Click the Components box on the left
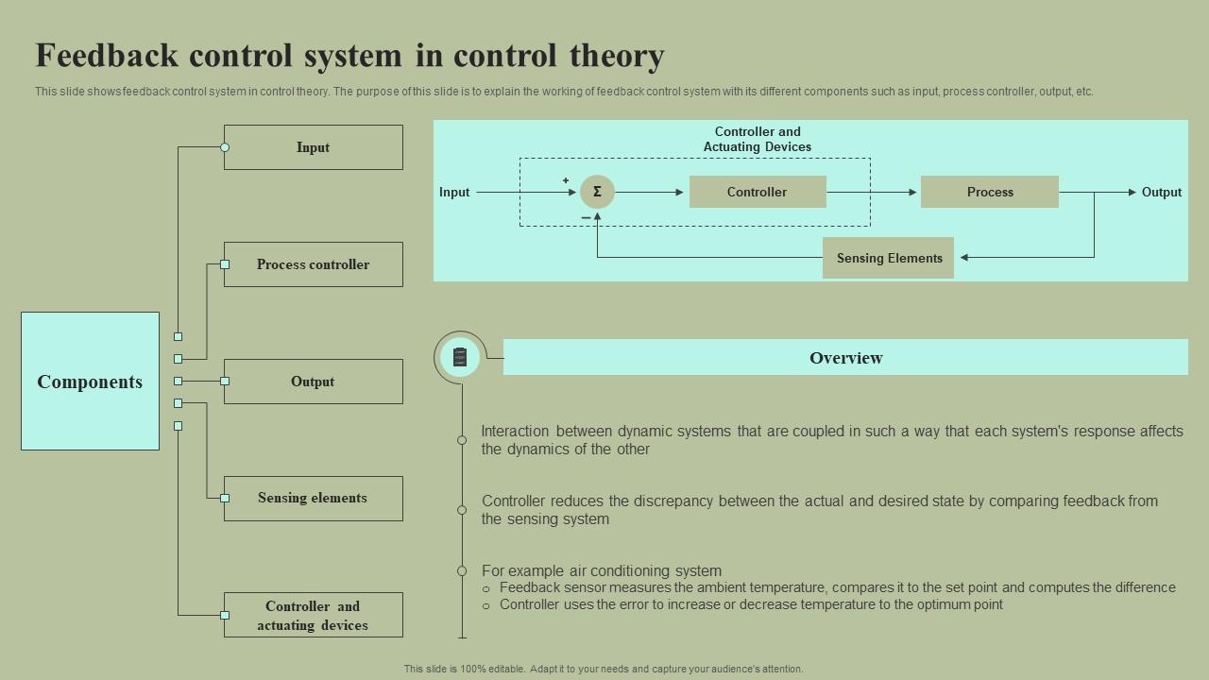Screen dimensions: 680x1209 tap(90, 381)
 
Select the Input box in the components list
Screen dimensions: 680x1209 tap(313, 147)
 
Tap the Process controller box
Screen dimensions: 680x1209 tap(313, 264)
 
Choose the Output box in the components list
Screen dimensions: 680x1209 tap(313, 382)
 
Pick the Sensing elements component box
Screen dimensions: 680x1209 tap(313, 498)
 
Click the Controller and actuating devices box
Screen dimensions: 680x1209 tap(313, 615)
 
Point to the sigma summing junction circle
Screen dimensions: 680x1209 tap(597, 192)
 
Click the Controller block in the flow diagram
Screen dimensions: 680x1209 tap(758, 192)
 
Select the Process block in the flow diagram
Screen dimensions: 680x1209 tap(989, 192)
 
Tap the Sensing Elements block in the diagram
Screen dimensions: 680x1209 tap(888, 258)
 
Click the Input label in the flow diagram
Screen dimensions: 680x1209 tap(454, 192)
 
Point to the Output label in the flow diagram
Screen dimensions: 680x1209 tap(1161, 192)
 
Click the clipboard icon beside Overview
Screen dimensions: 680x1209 tap(460, 357)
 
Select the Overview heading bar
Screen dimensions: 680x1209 tap(845, 357)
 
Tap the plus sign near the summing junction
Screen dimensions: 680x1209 tap(566, 180)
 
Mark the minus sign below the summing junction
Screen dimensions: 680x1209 tap(586, 218)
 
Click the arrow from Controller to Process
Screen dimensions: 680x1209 tap(871, 192)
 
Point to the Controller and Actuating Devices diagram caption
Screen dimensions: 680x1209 tap(758, 139)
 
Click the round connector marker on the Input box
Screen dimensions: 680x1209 tap(225, 147)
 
